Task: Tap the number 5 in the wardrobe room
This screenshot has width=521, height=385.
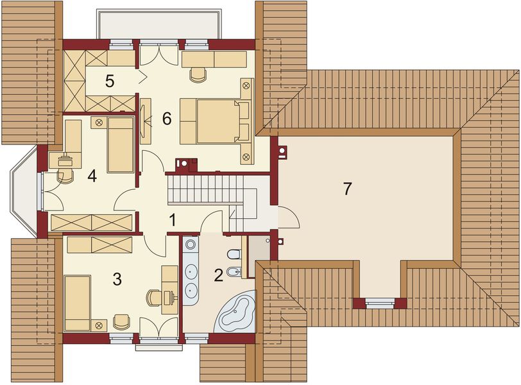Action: (110, 81)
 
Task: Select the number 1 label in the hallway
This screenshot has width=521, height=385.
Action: (172, 220)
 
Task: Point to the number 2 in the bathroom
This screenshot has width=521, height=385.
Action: (218, 276)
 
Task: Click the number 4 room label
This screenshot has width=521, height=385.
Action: (92, 176)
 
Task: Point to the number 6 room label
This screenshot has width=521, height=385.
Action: (167, 118)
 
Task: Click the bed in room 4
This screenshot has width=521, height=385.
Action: (120, 144)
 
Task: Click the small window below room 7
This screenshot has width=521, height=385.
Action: (381, 302)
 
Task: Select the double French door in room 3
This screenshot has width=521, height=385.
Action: (158, 329)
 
